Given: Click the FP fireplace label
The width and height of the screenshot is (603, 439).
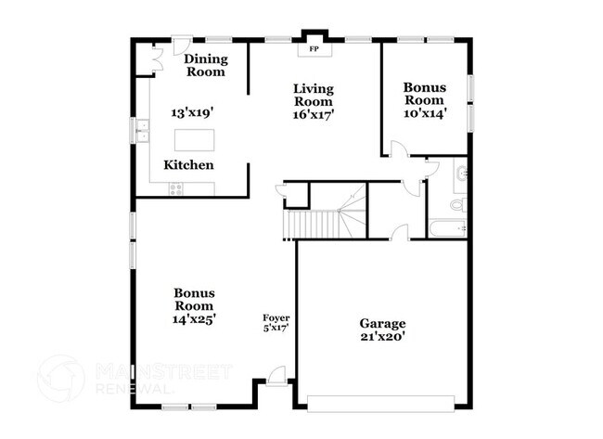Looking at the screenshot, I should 313,47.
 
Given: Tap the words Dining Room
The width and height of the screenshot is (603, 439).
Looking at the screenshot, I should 206,65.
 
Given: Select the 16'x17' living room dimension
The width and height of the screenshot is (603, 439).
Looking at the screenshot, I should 314,115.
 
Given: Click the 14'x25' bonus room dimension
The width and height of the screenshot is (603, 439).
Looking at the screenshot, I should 193,319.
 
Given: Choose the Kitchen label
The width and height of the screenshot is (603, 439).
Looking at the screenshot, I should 189,165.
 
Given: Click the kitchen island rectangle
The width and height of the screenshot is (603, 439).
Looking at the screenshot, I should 197,140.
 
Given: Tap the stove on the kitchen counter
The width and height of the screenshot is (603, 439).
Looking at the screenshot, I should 176,189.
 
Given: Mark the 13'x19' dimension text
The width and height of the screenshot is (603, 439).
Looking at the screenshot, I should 192,111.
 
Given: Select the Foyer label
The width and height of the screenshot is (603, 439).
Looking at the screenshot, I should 276,316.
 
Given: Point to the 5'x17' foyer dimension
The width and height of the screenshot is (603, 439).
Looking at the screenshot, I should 276,328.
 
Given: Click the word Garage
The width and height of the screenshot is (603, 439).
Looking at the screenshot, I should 383,323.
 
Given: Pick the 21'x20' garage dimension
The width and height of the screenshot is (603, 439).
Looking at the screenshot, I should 383,338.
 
